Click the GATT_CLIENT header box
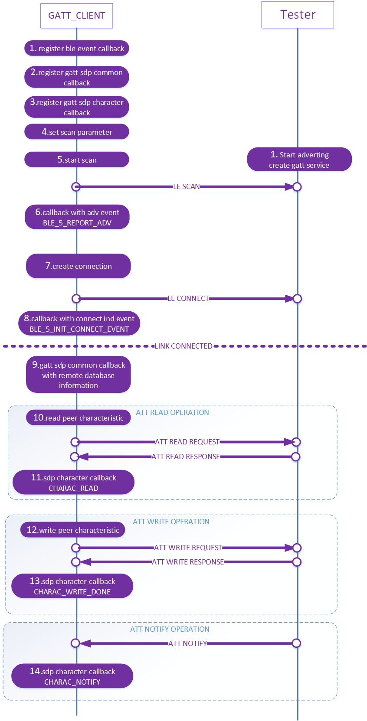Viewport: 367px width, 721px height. [77, 16]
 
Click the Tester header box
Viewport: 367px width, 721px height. [298, 15]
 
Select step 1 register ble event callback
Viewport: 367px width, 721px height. [77, 49]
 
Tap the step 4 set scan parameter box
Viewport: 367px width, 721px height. [77, 132]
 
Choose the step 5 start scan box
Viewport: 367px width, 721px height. [77, 160]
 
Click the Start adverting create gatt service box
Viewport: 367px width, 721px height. [299, 160]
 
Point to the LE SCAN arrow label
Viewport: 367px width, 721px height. [187, 186]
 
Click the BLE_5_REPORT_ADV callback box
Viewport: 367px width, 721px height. [77, 217]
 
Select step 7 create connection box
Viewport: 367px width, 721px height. [78, 266]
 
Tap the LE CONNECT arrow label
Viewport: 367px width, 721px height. [188, 298]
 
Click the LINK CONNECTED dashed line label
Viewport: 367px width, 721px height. [183, 346]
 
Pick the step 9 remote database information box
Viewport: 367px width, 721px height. [78, 375]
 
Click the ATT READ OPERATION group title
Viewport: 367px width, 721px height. [172, 412]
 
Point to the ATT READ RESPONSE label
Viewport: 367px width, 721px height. [186, 457]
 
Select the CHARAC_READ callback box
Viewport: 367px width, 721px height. [73, 483]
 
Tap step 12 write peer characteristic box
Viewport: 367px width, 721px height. [73, 530]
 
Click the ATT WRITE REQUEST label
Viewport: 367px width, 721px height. [188, 548]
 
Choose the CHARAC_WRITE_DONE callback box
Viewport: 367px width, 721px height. [72, 586]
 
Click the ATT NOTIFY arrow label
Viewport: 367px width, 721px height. [187, 643]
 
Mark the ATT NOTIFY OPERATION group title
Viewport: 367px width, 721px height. [170, 629]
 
